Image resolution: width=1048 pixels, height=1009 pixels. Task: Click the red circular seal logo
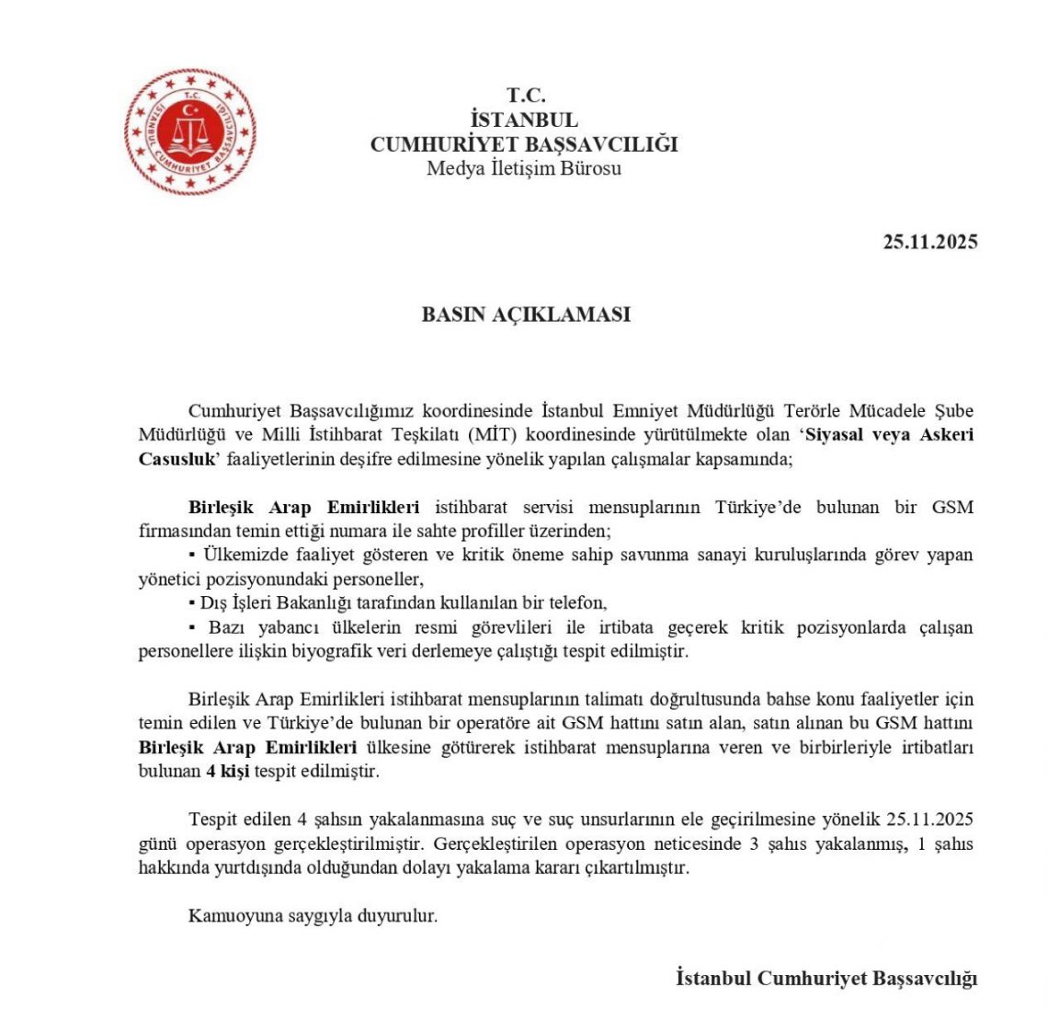pos(190,132)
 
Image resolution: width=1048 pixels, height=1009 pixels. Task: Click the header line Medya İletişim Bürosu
pos(524,168)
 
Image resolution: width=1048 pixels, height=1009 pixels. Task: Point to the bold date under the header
pos(929,242)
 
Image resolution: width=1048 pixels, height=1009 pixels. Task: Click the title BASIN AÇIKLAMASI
pos(526,314)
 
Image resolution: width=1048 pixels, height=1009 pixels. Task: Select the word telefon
pos(579,603)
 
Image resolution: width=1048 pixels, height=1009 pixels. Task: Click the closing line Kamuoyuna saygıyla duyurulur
pos(313,916)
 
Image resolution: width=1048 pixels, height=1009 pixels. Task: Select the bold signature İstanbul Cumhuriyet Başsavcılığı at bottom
pos(826,978)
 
